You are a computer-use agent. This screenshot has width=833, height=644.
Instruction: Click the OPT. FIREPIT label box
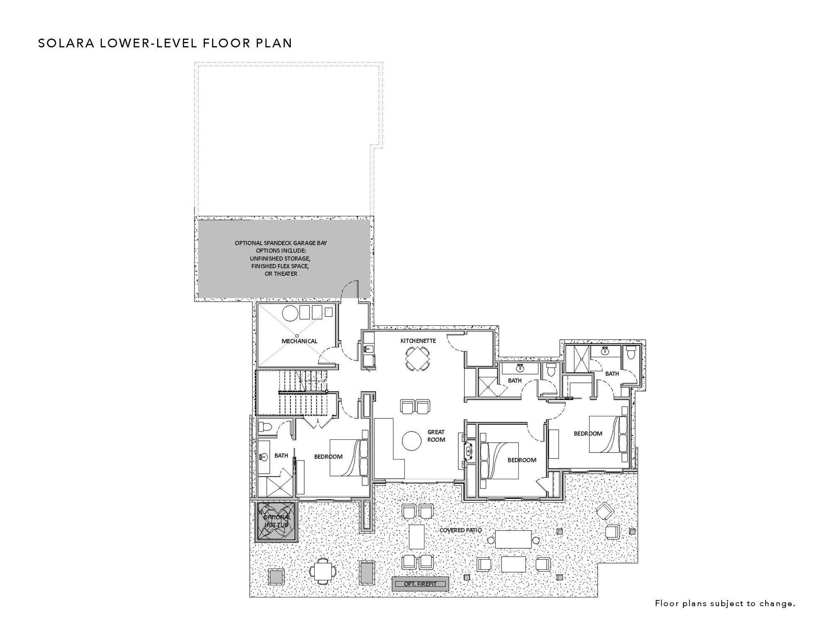[420, 584]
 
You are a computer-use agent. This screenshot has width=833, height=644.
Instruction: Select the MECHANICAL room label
[299, 341]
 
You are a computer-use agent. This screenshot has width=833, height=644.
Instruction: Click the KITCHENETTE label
[418, 340]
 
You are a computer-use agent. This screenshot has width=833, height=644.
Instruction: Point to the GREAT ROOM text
[436, 436]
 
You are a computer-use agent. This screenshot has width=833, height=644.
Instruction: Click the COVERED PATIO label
[460, 530]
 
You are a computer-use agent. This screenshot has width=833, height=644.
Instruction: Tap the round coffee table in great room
[411, 441]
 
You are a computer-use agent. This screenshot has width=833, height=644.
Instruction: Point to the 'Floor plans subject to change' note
[725, 603]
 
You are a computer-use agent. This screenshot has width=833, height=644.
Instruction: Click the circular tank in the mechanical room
[289, 313]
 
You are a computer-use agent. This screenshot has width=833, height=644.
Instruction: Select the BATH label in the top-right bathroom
[612, 373]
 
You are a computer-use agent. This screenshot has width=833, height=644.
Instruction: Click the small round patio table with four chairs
[323, 571]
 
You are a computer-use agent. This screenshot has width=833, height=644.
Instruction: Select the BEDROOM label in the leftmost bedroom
[328, 457]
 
